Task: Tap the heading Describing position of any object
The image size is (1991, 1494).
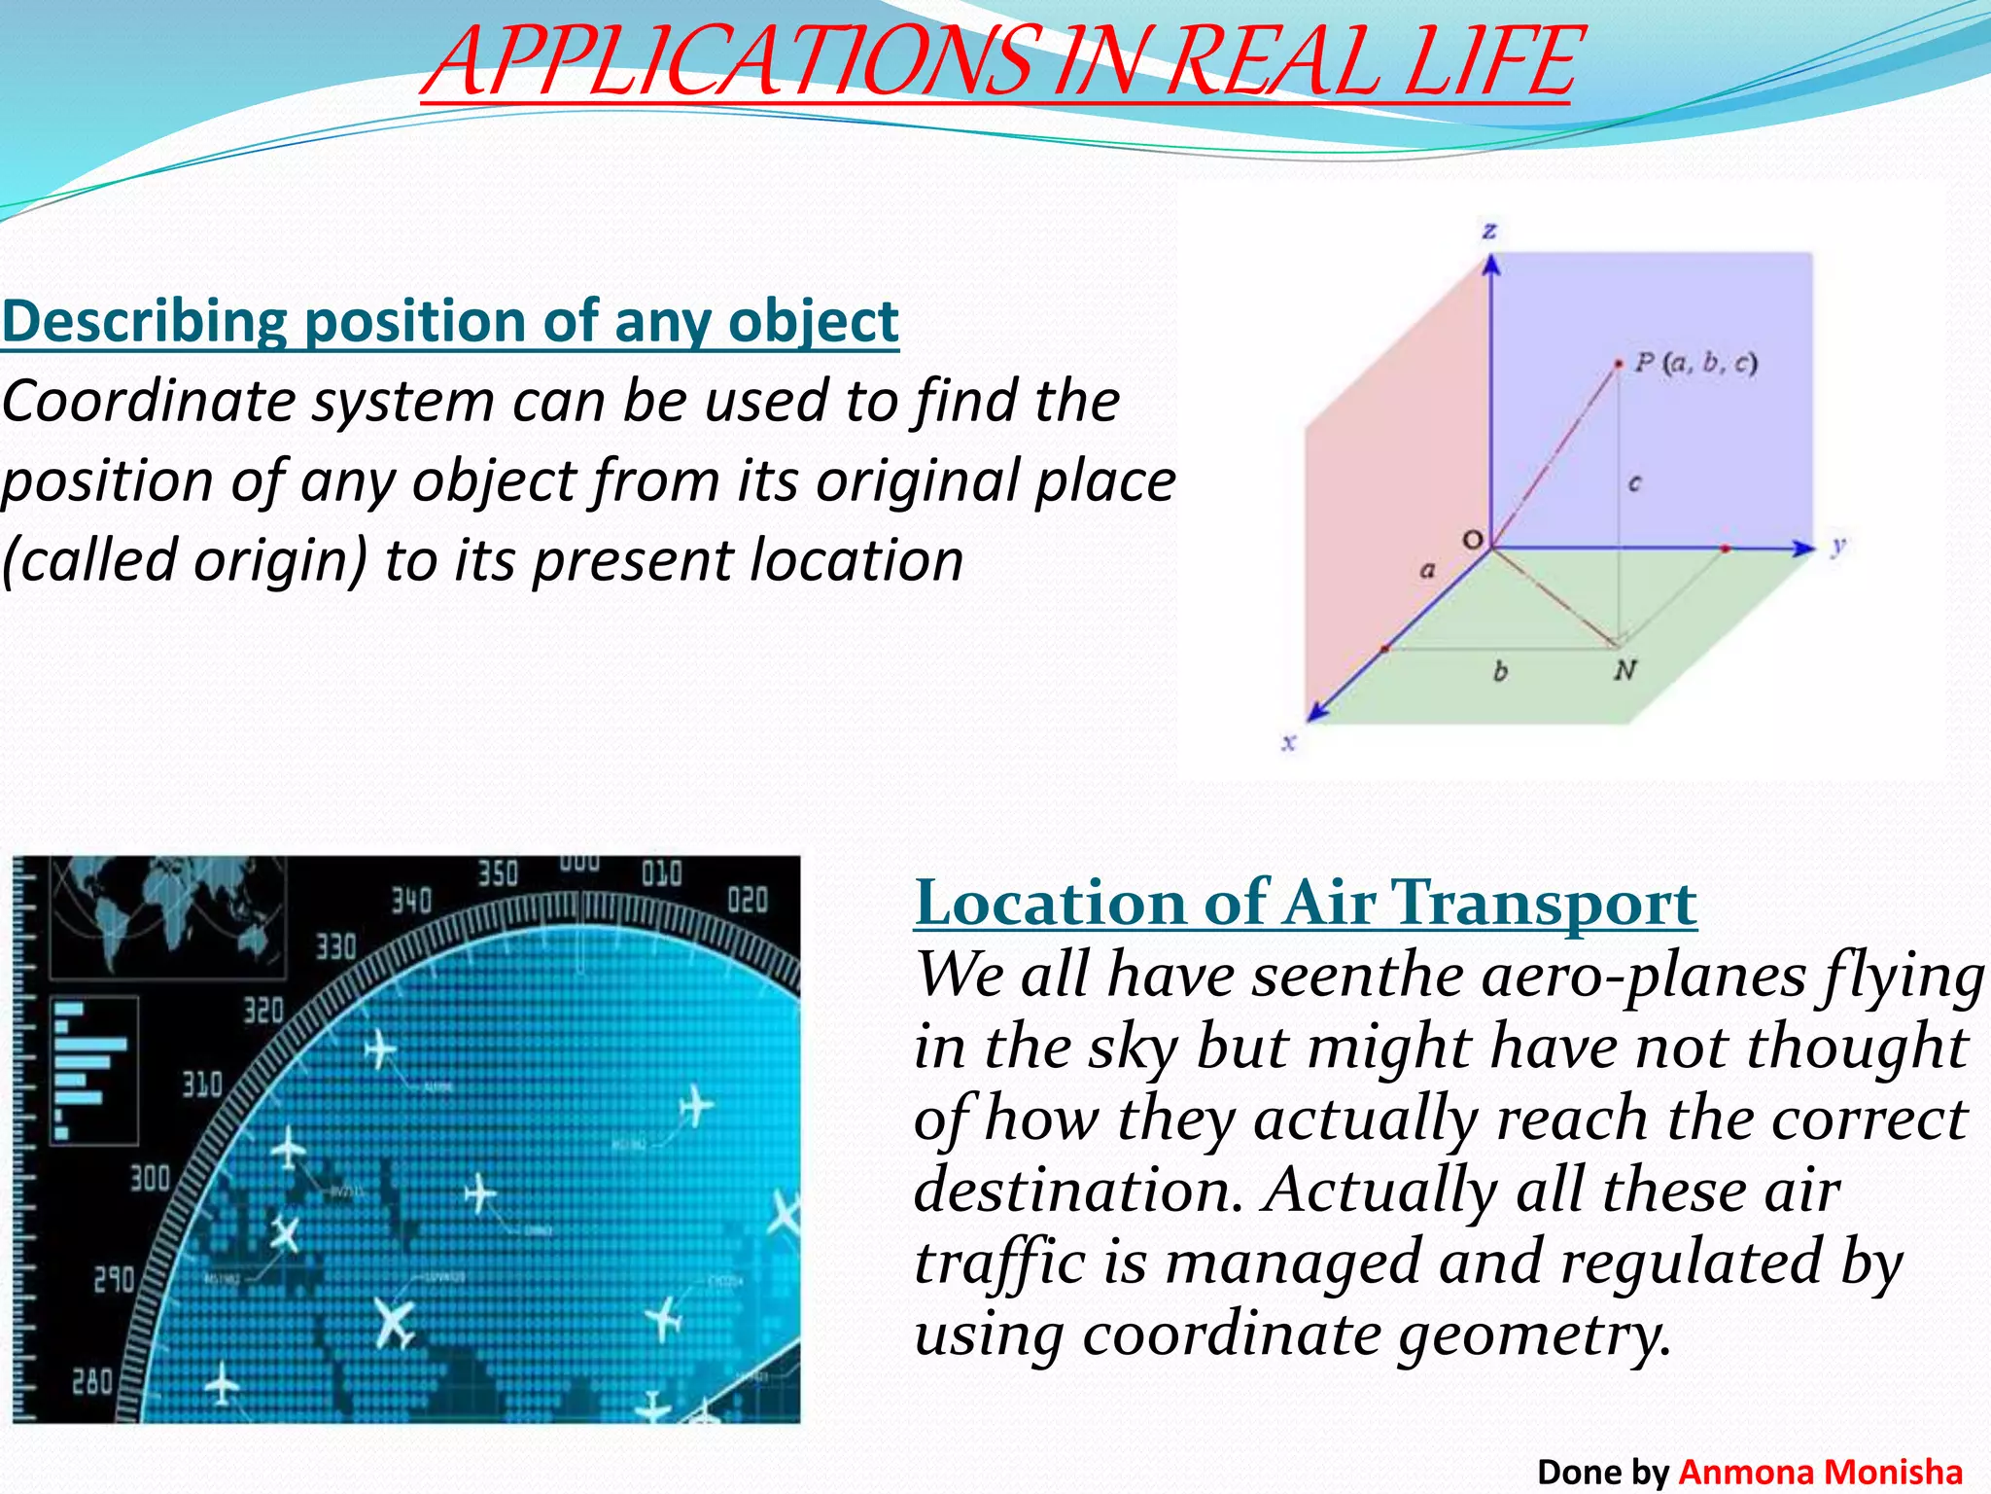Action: [x=450, y=321]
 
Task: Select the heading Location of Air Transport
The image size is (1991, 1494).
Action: [x=1306, y=903]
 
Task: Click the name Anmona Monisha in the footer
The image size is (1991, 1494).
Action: [x=1820, y=1472]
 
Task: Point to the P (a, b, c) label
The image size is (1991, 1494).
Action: [x=1695, y=364]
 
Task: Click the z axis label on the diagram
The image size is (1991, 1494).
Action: [x=1489, y=231]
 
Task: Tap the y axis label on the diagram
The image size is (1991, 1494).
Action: [x=1837, y=546]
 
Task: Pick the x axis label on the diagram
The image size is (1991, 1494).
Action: [x=1289, y=743]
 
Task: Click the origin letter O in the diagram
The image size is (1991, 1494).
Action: [x=1473, y=540]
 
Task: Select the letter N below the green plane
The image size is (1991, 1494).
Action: [x=1624, y=669]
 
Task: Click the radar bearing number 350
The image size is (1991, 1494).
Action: [x=498, y=873]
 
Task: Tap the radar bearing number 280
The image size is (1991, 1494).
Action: [x=93, y=1381]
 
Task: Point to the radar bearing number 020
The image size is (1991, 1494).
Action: [x=748, y=900]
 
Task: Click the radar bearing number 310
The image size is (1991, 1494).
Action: [x=202, y=1084]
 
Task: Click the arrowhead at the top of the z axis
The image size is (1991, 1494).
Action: [x=1491, y=264]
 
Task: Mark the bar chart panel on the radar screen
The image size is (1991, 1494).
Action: [x=94, y=1070]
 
